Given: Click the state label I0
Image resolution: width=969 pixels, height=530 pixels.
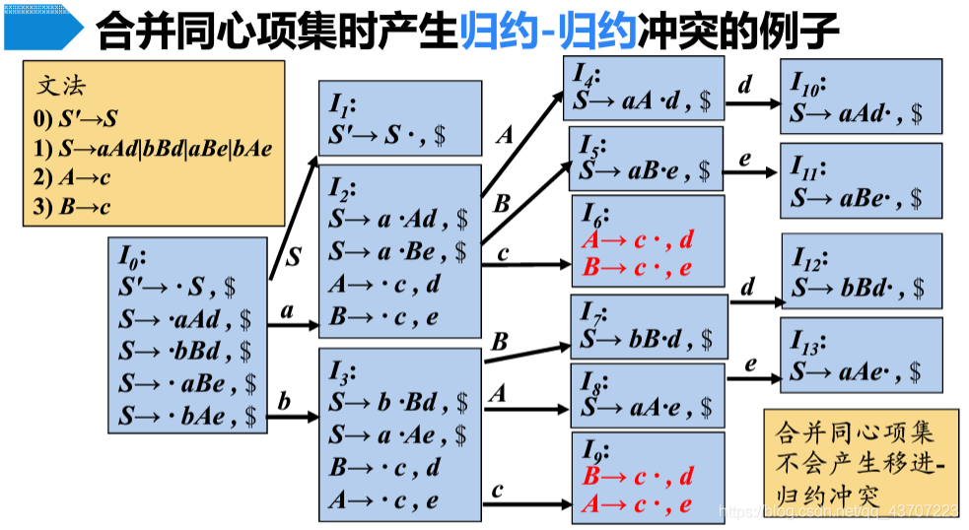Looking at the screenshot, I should click(131, 258).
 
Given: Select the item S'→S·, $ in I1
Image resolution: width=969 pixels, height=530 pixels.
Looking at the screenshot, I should click(386, 135).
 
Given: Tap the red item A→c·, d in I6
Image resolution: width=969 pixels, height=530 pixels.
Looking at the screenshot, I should click(637, 239).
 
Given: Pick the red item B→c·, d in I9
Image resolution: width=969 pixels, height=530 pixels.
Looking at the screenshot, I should click(637, 478).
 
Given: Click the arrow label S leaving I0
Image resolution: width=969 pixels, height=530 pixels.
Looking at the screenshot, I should click(294, 257).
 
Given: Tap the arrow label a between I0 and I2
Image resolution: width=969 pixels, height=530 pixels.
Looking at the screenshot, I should click(288, 311).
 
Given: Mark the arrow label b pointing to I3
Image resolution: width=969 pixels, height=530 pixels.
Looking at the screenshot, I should click(285, 402).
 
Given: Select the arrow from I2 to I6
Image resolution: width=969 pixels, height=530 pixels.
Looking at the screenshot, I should click(525, 265).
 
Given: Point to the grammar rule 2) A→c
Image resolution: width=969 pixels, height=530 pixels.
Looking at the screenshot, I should click(73, 178).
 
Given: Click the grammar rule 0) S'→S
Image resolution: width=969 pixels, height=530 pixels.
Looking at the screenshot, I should click(76, 119).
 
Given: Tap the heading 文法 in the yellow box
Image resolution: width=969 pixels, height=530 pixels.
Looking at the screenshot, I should click(61, 86).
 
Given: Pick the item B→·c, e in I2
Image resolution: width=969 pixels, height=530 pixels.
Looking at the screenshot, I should click(382, 318).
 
